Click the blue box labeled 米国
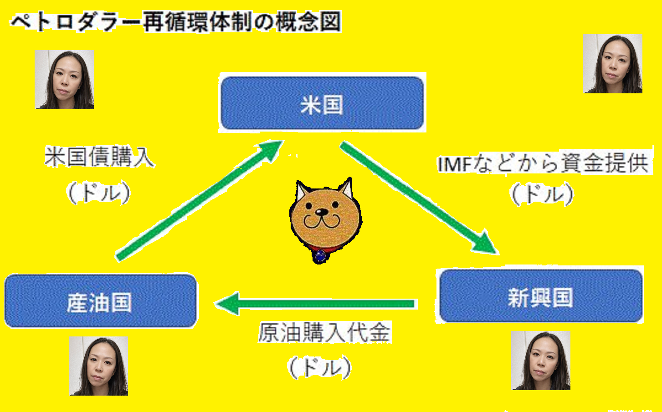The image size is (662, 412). pyautogui.click(x=322, y=104)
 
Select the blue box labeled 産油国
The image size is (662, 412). pyautogui.click(x=100, y=301)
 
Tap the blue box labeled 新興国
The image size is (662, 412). pyautogui.click(x=540, y=296)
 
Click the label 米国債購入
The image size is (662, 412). pyautogui.click(x=100, y=158)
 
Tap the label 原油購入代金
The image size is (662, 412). pyautogui.click(x=324, y=333)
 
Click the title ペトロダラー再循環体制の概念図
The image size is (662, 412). pyautogui.click(x=175, y=22)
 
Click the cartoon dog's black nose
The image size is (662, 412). pyautogui.click(x=322, y=212)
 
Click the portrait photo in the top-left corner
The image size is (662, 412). pyautogui.click(x=64, y=80)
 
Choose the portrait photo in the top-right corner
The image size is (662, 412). pyautogui.click(x=613, y=64)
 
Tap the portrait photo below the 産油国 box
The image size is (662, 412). pyautogui.click(x=98, y=366)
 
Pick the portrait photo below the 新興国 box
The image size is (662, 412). pyautogui.click(x=541, y=361)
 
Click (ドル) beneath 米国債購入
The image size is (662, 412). pyautogui.click(x=99, y=193)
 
